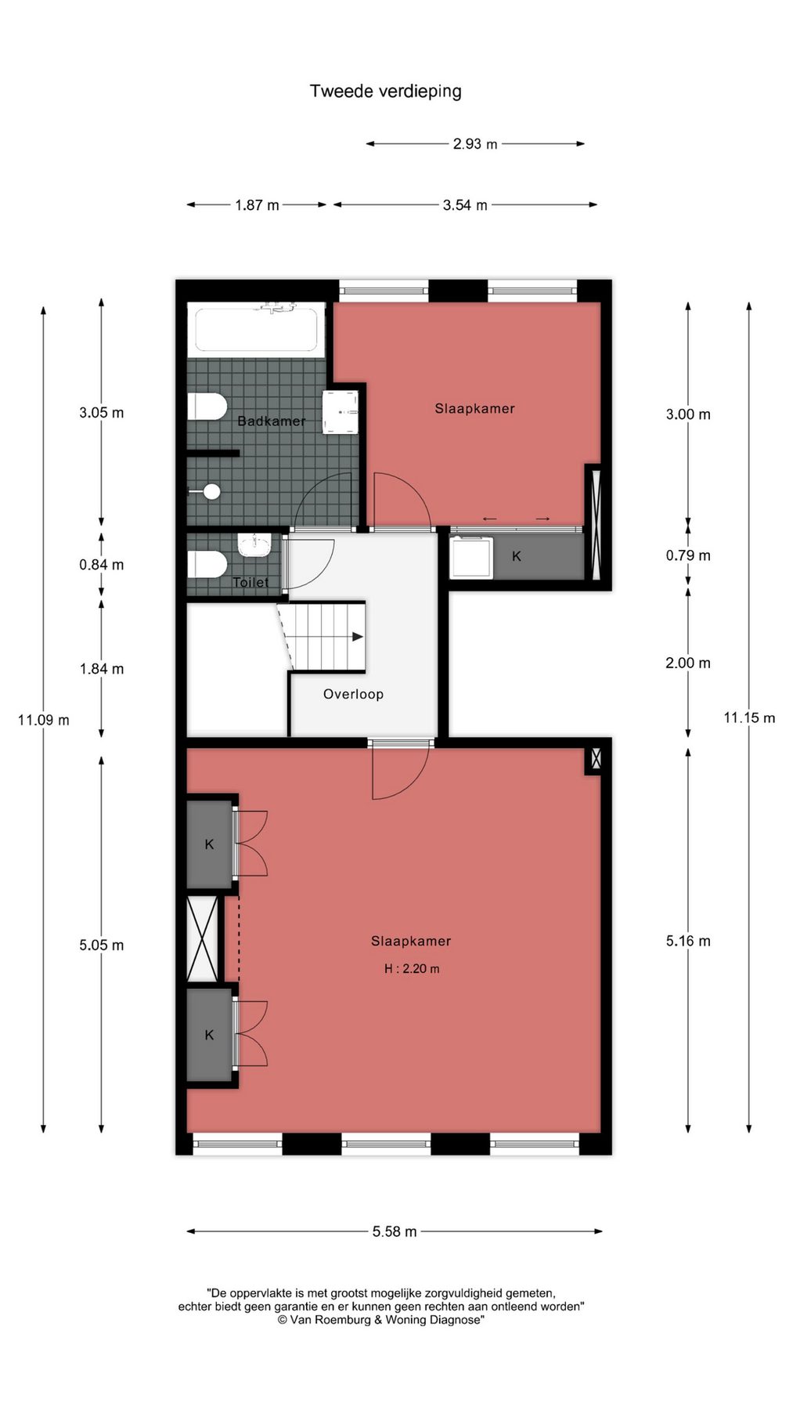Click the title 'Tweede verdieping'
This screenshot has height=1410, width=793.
coord(385,91)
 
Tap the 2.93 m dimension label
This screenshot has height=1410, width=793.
coord(475,144)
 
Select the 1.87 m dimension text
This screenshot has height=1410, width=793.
coord(257,205)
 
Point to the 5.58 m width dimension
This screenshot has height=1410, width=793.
coord(395,1231)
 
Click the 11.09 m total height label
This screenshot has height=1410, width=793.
coord(44,720)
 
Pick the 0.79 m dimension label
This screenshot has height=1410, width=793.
coord(688,555)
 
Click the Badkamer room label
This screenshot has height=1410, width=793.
coord(271,421)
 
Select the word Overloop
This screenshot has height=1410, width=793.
coord(353,694)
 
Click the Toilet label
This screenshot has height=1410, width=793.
coord(251,582)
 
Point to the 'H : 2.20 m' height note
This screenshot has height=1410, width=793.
coord(412,969)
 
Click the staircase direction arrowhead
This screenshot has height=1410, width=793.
coord(358,637)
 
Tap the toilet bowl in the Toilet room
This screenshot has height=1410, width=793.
coord(207,564)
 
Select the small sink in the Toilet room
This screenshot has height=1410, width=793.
coord(254,544)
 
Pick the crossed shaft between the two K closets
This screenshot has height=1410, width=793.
coord(203,938)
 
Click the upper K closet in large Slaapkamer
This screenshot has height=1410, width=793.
coord(209,844)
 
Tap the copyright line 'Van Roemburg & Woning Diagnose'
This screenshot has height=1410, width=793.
coord(381,1320)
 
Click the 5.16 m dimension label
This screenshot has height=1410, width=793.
coord(688,942)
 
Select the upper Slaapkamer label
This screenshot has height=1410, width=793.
coord(474,408)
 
